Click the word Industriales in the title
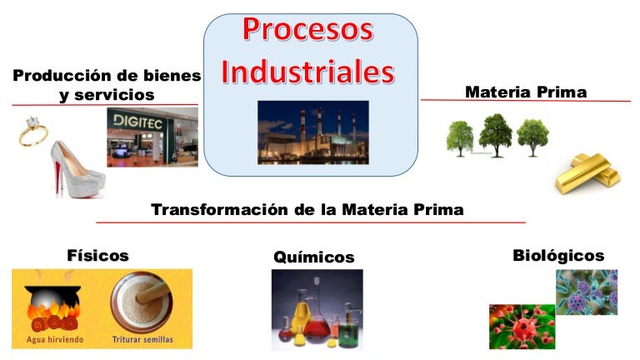coord(308,72)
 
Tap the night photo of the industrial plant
coord(312,132)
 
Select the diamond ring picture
coord(31,132)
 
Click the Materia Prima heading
coord(525,91)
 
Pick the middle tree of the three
coord(496,133)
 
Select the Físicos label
coord(97,255)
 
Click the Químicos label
coord(313,257)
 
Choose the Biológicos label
coord(557,255)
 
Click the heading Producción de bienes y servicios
coord(107,85)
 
